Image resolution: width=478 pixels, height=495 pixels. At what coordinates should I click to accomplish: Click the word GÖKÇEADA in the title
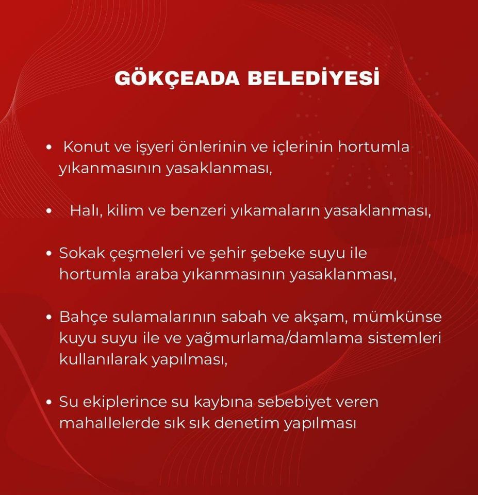click(x=177, y=78)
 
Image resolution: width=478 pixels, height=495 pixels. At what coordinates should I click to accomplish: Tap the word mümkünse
click(x=397, y=317)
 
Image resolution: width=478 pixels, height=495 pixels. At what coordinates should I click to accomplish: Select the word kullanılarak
click(x=103, y=359)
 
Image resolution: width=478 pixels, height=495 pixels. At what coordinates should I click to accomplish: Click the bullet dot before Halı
click(x=48, y=211)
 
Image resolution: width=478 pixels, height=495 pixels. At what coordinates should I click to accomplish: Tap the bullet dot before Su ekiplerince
click(x=48, y=402)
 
